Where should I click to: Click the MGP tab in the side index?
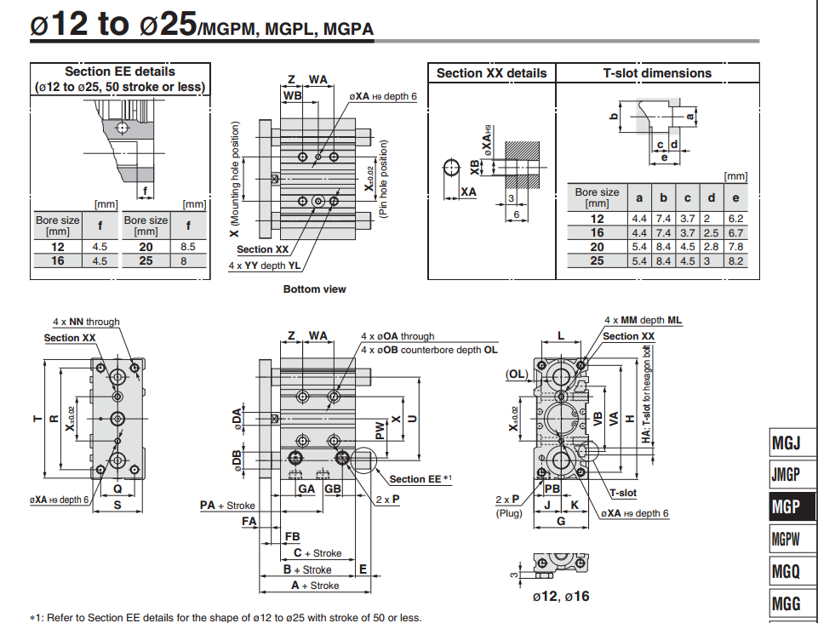(x=786, y=506)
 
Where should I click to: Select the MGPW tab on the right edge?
(x=786, y=538)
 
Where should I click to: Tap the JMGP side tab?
(x=786, y=474)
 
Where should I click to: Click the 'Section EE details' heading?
(x=119, y=72)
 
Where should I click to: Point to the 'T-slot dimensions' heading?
(x=657, y=73)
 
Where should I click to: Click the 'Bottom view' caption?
(x=314, y=289)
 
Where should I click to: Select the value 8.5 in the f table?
(x=188, y=246)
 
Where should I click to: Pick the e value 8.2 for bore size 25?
(x=736, y=260)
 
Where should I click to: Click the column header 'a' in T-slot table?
(x=638, y=197)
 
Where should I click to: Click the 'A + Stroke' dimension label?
(x=314, y=586)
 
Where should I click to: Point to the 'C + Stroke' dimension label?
(x=317, y=553)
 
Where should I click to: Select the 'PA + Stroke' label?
(x=227, y=506)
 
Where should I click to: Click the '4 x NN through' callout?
(x=86, y=322)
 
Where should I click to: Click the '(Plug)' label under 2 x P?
(x=509, y=512)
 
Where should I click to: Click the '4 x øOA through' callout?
(x=398, y=336)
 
